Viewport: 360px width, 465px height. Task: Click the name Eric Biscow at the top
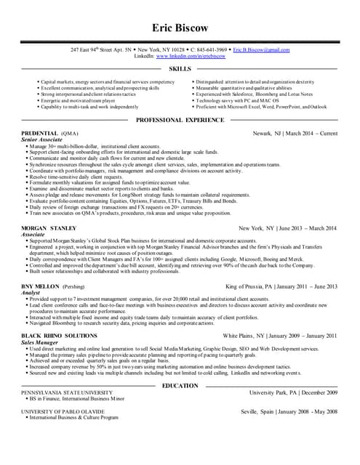[x=180, y=28]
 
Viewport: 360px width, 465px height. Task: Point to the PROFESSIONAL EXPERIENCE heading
[x=180, y=118]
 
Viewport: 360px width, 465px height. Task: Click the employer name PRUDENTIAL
[x=40, y=134]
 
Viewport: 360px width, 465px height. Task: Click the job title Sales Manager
[x=41, y=341]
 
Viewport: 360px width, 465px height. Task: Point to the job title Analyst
[x=32, y=294]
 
